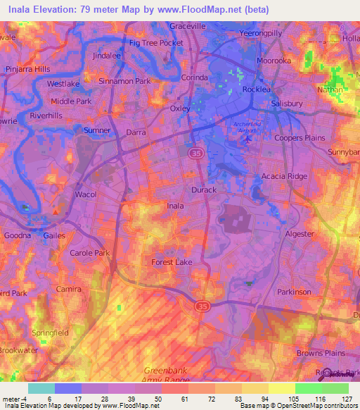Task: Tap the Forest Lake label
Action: (x=172, y=262)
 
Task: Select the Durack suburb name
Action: (x=204, y=190)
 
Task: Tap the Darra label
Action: (x=136, y=132)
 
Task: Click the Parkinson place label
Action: (x=294, y=292)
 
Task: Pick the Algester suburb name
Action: (x=300, y=233)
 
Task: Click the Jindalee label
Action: (x=107, y=54)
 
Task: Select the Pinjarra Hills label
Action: (x=29, y=69)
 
